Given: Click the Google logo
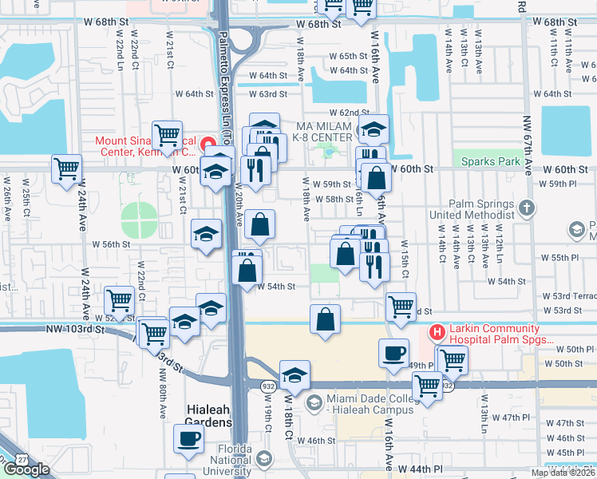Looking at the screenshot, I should point(26,469).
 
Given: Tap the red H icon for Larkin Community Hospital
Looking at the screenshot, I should point(437,331).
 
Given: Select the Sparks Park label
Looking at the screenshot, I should point(490,161).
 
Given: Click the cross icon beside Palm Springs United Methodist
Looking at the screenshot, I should point(525,208).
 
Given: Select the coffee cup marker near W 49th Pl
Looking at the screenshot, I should point(393,353).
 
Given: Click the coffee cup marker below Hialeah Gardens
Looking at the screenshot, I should point(188,437).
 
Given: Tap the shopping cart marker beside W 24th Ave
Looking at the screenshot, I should point(67,168).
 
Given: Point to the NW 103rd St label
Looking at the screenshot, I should point(75,329).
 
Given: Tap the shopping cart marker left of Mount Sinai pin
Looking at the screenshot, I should point(168,135).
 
